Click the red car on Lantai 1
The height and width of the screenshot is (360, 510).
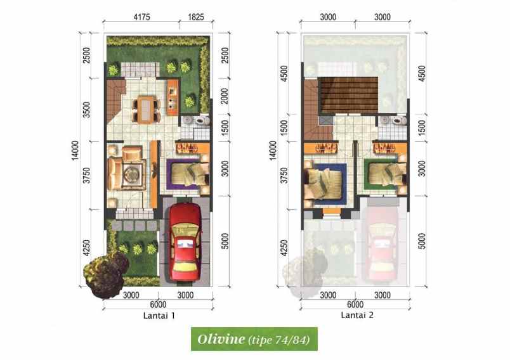185,244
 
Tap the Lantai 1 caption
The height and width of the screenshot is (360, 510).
159,315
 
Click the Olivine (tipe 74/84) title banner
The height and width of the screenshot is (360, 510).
254,339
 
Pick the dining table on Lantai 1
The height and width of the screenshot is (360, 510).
146,108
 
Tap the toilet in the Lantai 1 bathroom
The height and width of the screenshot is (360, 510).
201,120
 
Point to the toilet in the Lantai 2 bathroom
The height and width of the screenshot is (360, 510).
397,120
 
